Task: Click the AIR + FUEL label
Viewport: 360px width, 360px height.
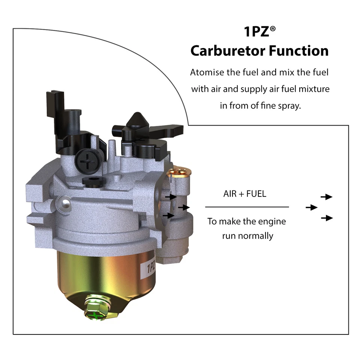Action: (244, 194)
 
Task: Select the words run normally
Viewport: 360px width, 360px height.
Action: (247, 236)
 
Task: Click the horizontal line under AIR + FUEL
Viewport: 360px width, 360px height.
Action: (247, 207)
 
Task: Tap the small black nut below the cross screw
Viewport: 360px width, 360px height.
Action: (91, 182)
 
